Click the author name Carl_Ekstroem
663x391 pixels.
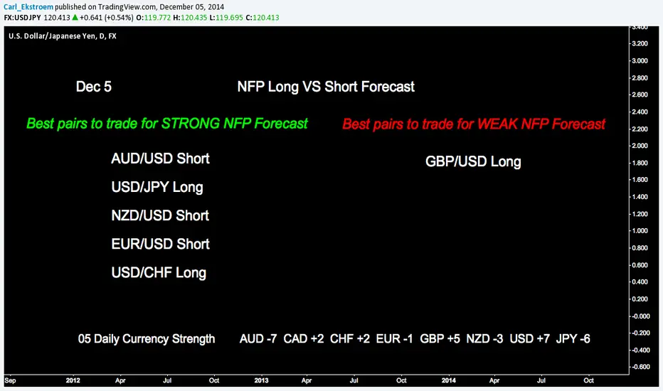[28, 7]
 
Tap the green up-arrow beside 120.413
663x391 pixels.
[75, 17]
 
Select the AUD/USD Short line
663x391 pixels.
[160, 159]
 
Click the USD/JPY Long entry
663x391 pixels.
[157, 187]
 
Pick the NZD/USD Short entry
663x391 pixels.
[160, 215]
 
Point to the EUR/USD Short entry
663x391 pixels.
[160, 244]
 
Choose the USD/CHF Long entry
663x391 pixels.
[159, 273]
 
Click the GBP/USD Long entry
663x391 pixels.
[473, 161]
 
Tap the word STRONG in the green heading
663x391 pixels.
[191, 124]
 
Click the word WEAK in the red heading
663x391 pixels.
[497, 124]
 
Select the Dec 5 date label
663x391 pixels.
[93, 87]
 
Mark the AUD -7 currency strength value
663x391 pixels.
[258, 338]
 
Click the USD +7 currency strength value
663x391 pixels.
[530, 338]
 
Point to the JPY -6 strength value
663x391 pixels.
[573, 338]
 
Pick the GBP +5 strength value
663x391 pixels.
[440, 338]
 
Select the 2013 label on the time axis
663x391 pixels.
[261, 380]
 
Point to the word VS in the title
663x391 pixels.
[312, 87]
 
